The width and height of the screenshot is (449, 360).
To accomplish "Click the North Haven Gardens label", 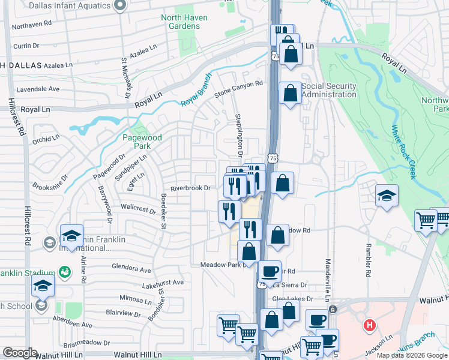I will coord(184,22).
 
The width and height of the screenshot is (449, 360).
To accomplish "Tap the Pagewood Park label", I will coord(142,142).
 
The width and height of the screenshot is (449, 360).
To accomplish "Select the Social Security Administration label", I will coord(329,90).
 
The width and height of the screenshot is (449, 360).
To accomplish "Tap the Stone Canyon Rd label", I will coord(239,89).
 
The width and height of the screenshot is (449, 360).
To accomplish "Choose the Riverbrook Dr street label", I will coord(190,188).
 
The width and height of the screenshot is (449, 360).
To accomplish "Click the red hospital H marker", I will coord(369,326).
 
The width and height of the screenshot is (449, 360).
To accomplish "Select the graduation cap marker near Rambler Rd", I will coord(387,196).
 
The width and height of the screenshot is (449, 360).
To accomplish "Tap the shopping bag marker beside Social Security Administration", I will coord(291,93).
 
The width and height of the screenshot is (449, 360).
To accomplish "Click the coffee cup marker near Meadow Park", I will coord(270,271).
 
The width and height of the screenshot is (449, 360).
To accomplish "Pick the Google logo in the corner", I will coord(20,353).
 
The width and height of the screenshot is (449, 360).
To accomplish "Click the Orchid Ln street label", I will coord(47,138).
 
